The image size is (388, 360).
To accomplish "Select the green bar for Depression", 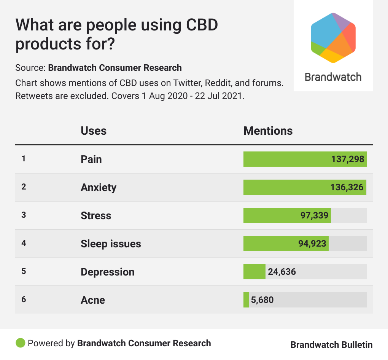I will tap(254, 272).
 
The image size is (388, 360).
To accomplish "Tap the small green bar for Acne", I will tap(246, 300).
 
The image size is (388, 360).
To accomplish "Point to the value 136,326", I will tap(347, 187).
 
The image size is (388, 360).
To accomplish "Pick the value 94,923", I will tap(312, 244).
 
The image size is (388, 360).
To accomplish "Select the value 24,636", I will tap(282, 272).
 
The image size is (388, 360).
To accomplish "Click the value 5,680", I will tap(262, 300).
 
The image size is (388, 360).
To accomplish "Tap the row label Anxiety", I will tap(99, 187).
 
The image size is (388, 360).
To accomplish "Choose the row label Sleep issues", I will tap(111, 244).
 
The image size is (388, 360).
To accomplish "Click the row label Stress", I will tap(96, 215).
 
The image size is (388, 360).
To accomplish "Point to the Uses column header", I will tap(94, 131).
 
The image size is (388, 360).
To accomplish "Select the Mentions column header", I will tap(268, 131).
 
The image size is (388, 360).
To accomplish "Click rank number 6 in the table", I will tap(24, 299).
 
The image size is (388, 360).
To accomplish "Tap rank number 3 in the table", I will tap(24, 215).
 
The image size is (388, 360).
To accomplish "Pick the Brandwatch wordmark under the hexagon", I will tap(333, 77).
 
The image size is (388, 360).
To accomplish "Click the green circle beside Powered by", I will tap(20, 343).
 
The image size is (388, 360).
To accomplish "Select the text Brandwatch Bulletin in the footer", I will tap(331, 345).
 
